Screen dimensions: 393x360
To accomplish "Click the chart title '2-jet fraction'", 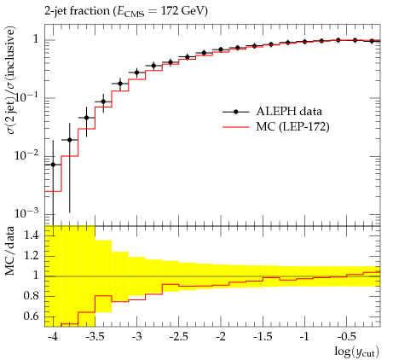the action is point(77,11).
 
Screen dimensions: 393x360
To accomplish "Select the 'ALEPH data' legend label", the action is point(289,111).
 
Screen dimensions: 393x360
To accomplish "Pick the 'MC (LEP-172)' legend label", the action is point(292,127).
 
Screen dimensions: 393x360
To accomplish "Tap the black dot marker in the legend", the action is point(235,112).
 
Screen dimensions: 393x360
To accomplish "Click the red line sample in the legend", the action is point(236,127).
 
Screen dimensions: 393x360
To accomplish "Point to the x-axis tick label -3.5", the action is point(95,337).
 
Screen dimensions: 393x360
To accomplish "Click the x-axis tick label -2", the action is point(221,337).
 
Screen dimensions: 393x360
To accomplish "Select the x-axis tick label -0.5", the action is point(346,337).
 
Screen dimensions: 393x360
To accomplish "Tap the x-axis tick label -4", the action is point(53,337).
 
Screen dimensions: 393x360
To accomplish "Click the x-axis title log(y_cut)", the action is point(356,351).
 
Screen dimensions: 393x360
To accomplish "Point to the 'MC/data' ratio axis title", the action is point(10,251).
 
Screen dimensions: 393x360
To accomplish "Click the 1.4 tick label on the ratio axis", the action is point(32,235).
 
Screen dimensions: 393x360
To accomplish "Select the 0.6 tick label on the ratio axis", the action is point(32,316).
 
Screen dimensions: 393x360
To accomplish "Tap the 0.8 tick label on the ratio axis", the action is point(32,296).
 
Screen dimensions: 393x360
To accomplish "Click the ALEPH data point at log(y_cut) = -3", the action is point(136,73).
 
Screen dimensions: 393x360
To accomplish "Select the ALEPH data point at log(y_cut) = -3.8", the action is point(70,140).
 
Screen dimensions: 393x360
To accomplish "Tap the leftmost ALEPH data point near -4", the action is point(53,165).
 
